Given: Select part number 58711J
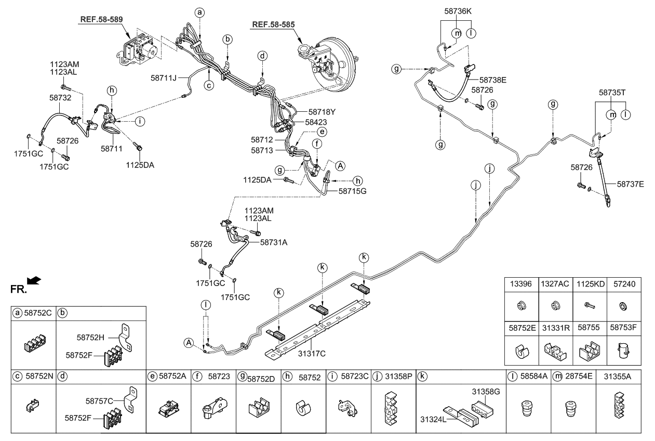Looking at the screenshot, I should pos(165,77).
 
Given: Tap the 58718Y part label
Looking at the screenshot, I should pos(322,111).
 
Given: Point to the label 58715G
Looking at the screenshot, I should pos(353,191).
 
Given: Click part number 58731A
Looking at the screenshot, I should pos(274,242).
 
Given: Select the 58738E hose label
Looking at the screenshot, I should pos(492,80).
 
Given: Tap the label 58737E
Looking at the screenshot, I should pos(631,184).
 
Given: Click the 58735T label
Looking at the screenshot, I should pos(612,92).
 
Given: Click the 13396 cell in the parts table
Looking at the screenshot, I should pos(520,284).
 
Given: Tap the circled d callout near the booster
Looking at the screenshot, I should pos(263,56).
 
